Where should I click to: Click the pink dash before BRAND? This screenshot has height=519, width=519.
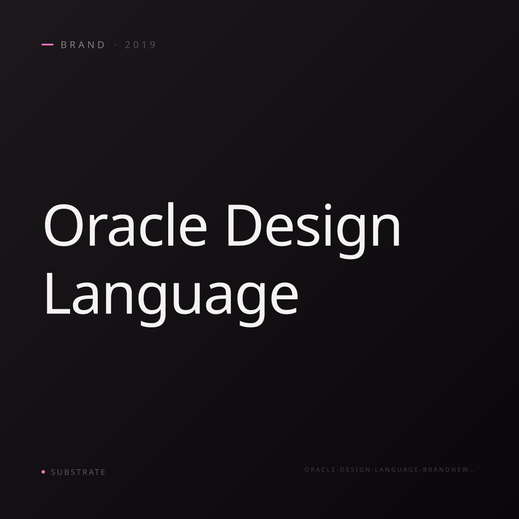point(48,45)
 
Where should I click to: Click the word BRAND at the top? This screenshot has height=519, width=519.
point(83,45)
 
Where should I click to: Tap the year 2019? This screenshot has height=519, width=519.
point(140,45)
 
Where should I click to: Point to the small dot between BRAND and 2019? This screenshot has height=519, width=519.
point(116,45)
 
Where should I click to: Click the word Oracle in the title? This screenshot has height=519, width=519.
point(125,225)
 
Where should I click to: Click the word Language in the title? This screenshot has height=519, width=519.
point(172,299)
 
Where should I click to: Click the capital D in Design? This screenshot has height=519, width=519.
point(244,225)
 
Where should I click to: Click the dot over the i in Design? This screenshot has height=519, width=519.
point(328,207)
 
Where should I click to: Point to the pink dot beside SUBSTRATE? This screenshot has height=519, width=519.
point(43,471)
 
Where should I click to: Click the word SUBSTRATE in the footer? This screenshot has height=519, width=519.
point(78,472)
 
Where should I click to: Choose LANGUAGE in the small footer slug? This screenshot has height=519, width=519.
point(397,469)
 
